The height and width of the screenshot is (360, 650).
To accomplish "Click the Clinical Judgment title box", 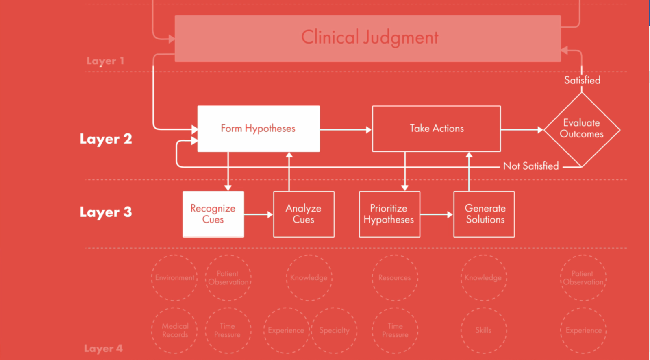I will click(x=368, y=38).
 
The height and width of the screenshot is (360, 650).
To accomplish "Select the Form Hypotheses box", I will click(x=259, y=129).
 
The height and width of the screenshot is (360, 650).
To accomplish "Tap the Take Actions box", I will click(x=436, y=129).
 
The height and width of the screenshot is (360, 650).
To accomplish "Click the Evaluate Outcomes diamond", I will click(x=581, y=129).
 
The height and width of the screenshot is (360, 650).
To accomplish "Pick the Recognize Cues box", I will click(x=213, y=214).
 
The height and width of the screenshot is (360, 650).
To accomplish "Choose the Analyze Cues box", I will click(x=304, y=214).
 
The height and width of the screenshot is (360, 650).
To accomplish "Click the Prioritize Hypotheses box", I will click(x=389, y=214).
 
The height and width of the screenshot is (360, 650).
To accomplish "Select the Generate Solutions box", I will click(x=484, y=214).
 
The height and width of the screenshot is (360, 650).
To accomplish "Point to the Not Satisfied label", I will click(x=531, y=166).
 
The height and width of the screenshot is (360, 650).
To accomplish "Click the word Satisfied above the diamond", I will click(x=582, y=80).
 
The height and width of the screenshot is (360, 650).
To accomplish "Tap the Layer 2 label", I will click(x=106, y=139).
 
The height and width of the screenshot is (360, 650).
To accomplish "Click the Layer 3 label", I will click(x=106, y=212).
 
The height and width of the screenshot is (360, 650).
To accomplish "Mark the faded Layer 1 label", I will click(x=105, y=61).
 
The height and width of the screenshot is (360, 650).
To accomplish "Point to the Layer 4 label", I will click(x=103, y=348).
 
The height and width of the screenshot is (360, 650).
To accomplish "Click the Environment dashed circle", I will click(x=174, y=278).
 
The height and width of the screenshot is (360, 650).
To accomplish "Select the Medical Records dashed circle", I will click(x=175, y=330).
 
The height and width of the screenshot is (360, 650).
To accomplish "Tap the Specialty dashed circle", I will click(x=334, y=330).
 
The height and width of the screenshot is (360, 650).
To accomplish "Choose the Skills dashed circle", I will click(x=483, y=330).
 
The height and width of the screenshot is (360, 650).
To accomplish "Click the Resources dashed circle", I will click(x=394, y=278).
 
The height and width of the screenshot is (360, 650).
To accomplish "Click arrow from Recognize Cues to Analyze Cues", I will click(x=259, y=214).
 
